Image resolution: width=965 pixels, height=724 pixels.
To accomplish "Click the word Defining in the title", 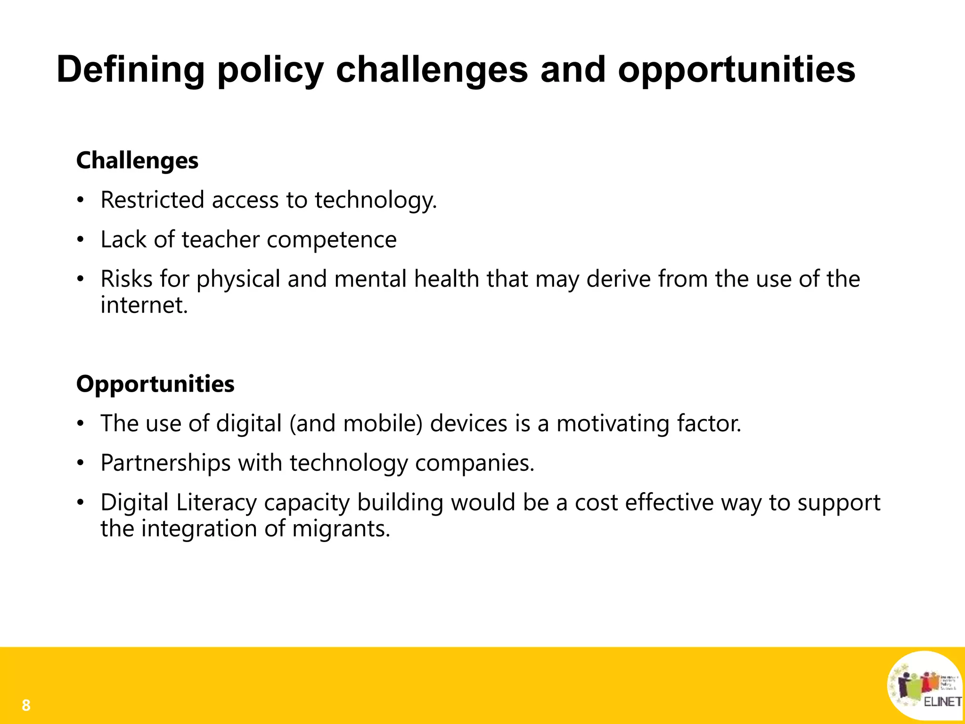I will pyautogui.click(x=131, y=70).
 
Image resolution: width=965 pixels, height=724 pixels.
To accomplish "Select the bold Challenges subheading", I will pyautogui.click(x=137, y=161).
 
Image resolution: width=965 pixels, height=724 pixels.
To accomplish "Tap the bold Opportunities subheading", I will pyautogui.click(x=155, y=384).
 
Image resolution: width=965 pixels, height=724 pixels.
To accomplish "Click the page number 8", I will pyautogui.click(x=26, y=706).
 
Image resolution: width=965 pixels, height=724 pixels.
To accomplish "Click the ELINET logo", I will pyautogui.click(x=924, y=685).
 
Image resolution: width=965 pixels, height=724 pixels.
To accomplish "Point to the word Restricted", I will pyautogui.click(x=152, y=200).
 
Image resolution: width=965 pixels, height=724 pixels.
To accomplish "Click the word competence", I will pyautogui.click(x=332, y=240).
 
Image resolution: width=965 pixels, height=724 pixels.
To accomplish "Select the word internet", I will pyautogui.click(x=144, y=305).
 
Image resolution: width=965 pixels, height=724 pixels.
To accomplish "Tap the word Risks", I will pyautogui.click(x=126, y=279).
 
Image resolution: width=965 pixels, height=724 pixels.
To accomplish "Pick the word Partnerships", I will pyautogui.click(x=165, y=462).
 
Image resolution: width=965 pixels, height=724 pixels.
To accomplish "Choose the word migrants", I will pyautogui.click(x=341, y=528).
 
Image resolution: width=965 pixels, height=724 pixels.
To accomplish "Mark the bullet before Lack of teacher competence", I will pyautogui.click(x=81, y=240).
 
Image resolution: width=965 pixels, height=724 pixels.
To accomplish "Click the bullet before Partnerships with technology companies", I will pyautogui.click(x=81, y=463).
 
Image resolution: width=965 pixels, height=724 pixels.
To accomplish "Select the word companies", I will pyautogui.click(x=474, y=463).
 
